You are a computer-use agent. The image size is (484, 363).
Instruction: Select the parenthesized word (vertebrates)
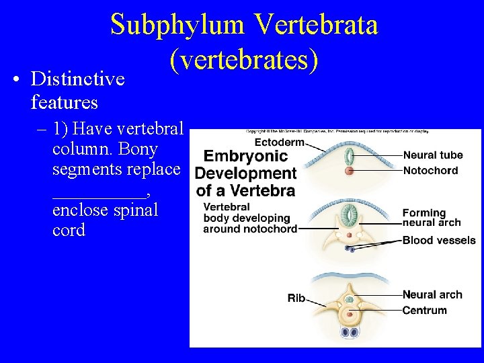tap(244, 60)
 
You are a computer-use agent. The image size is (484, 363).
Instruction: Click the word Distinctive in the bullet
tap(78, 79)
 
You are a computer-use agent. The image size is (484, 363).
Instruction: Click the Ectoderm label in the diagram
tap(278, 143)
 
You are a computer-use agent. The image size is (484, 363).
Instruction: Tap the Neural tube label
tap(433, 155)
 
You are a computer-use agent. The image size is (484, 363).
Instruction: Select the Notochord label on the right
tap(430, 171)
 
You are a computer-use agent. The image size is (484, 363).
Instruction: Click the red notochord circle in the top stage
tap(349, 171)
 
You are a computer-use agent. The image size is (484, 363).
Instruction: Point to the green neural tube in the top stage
tap(349, 157)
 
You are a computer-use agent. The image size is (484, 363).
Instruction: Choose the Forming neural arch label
tap(432, 218)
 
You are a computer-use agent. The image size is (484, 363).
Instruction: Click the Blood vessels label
tap(439, 240)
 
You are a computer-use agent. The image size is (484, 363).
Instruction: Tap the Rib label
tap(296, 298)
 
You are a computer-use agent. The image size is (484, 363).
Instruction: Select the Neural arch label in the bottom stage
tap(432, 294)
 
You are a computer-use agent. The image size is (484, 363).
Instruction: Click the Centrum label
tap(424, 311)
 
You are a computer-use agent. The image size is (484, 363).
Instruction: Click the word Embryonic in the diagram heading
tap(245, 157)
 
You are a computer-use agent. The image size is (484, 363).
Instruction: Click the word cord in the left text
tap(69, 230)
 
